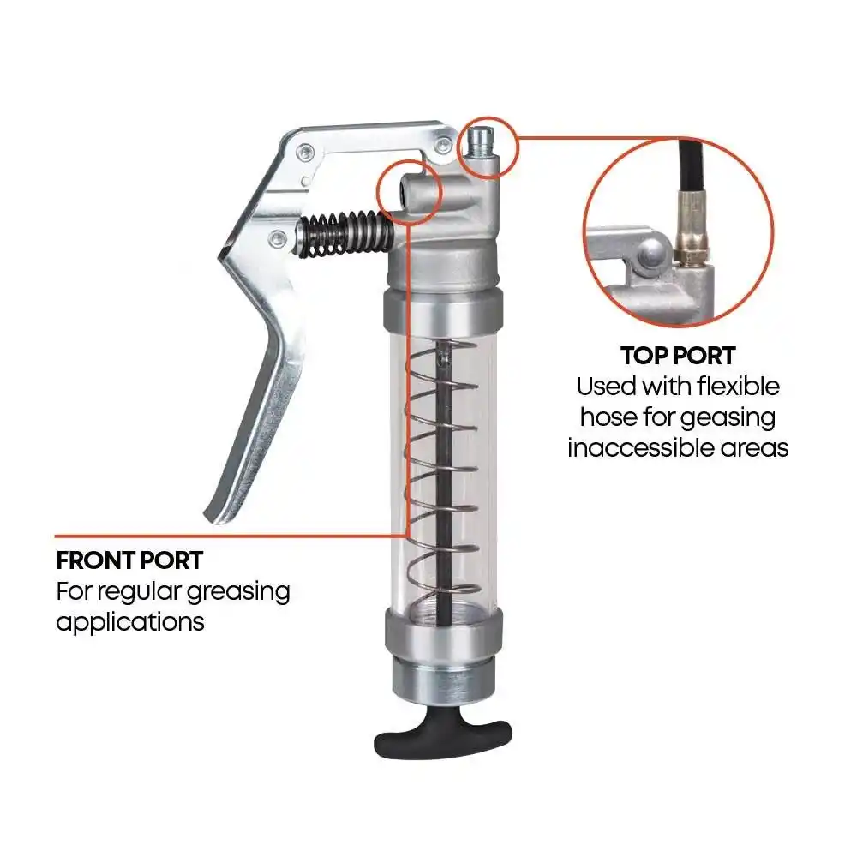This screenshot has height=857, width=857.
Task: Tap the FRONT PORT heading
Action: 129,560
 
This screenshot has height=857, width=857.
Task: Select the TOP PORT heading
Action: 678,356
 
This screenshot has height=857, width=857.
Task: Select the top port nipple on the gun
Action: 481,142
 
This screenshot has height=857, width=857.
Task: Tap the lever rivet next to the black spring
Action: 278,237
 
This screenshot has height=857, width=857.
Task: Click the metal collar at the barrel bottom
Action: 442,633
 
